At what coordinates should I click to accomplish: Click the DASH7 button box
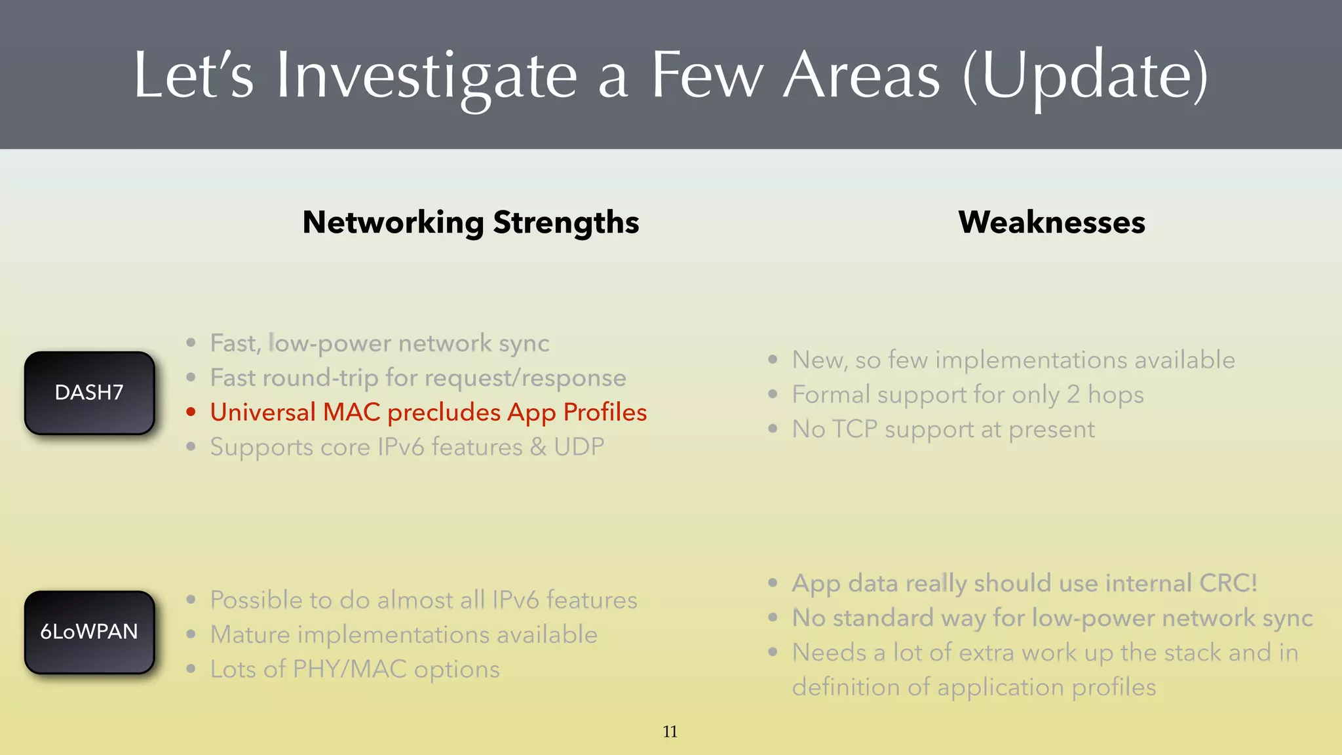(x=89, y=393)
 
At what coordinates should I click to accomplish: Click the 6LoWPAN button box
(x=89, y=632)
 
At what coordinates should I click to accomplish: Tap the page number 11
(x=670, y=731)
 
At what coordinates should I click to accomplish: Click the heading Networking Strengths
(x=470, y=223)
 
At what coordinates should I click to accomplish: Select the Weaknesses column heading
(x=1051, y=223)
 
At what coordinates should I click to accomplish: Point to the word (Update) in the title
(x=1085, y=76)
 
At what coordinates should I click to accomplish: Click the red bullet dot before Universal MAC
(x=191, y=412)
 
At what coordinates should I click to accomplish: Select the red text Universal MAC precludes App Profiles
(x=428, y=412)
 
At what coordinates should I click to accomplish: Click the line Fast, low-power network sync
(x=379, y=343)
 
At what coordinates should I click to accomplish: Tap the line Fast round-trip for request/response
(x=417, y=378)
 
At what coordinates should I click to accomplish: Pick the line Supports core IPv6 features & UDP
(x=407, y=447)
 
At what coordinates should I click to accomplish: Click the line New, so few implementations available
(x=1013, y=360)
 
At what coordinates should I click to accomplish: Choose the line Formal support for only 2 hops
(x=967, y=395)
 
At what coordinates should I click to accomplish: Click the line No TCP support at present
(x=943, y=429)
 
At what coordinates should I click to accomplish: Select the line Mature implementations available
(x=404, y=634)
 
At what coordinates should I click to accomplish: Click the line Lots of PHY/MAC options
(x=355, y=669)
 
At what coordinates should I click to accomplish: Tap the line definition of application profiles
(x=974, y=687)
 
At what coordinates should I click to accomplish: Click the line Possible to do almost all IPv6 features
(x=423, y=600)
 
